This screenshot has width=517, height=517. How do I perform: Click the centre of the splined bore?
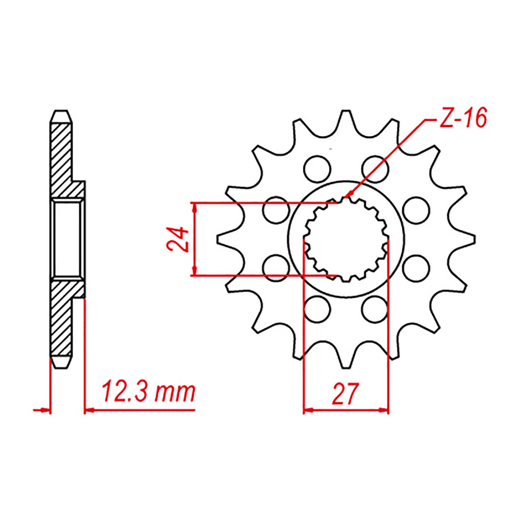pyautogui.click(x=346, y=239)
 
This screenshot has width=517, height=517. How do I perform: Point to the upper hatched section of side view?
pyautogui.click(x=61, y=155)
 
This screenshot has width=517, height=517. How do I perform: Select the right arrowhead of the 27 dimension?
pyautogui.click(x=385, y=411)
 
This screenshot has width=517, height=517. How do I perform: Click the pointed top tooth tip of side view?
pyautogui.click(x=60, y=112)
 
